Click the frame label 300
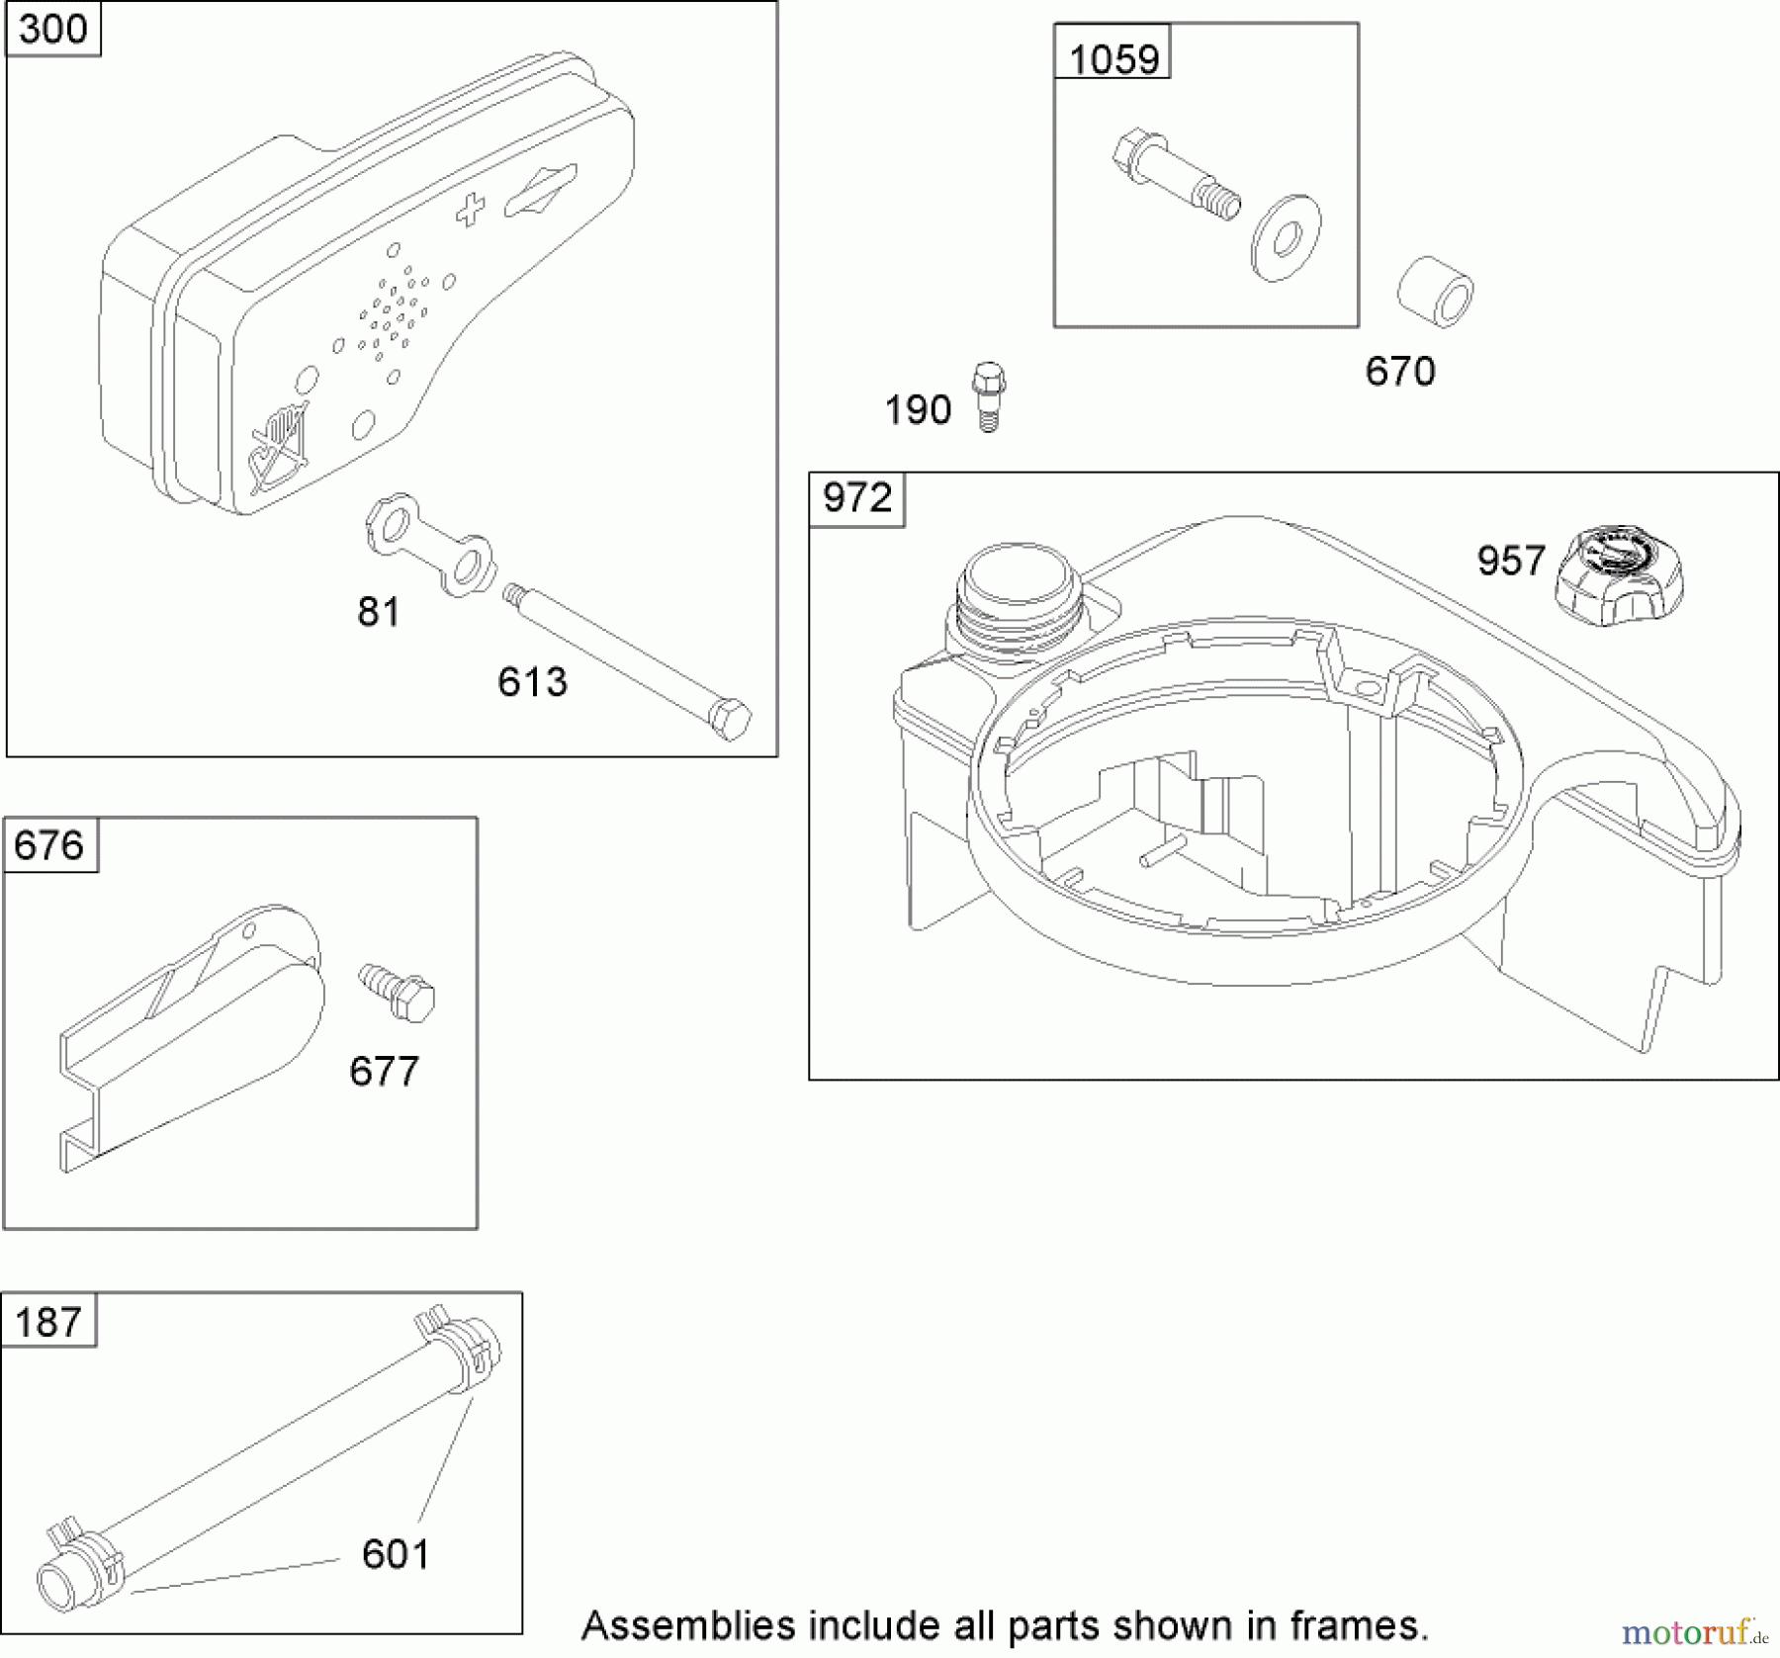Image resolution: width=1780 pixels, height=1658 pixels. pos(52,29)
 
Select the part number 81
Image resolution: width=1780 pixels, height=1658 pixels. pos(379,613)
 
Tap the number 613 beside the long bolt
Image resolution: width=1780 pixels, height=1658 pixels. pos(532,682)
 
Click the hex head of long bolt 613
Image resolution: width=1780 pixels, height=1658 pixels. pos(732,720)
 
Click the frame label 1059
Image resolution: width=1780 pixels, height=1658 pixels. pos(1113,59)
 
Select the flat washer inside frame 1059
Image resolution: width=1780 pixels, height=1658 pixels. pos(1286,237)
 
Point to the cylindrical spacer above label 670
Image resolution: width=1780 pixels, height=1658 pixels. pos(1436,292)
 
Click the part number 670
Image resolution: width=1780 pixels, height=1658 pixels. pos(1400,372)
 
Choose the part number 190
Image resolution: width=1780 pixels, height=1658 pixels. pos(918,410)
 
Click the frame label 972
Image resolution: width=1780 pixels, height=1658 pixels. pos(856,497)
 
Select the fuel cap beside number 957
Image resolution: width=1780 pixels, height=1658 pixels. pos(1618,573)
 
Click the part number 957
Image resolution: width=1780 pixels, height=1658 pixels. pos(1510,561)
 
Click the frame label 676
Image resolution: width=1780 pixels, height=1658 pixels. pos(49,845)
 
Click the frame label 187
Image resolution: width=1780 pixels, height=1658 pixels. pos(48,1322)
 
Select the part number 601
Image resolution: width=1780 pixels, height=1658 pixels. pos(396,1554)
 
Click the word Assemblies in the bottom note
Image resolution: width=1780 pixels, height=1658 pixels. pos(688,1625)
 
